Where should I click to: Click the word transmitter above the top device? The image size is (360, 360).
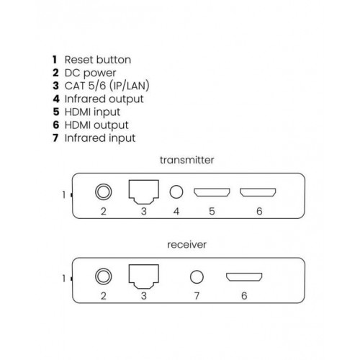187,160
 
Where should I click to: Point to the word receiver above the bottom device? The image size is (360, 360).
186,245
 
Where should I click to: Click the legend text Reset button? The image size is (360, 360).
98,60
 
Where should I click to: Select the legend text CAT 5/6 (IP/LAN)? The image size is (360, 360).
107,86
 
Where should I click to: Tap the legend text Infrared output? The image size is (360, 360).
104,99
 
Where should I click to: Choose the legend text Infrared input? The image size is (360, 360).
100,138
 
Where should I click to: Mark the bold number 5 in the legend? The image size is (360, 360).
56,112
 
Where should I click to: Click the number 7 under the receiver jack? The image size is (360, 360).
197,296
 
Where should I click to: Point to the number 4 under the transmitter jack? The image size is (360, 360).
176,212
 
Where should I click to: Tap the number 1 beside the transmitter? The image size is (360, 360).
64,195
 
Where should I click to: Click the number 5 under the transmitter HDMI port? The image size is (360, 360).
212,212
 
